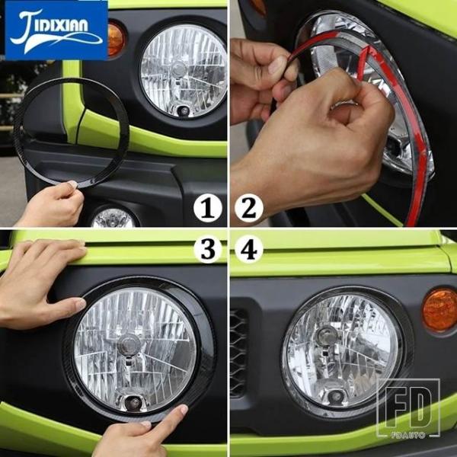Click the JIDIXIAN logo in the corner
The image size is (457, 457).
pos(56,30)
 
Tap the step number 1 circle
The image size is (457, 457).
pos(207,209)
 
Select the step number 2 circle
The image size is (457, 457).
pos(248,209)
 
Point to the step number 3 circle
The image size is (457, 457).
pos(207,250)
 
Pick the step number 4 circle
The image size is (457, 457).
pos(248,250)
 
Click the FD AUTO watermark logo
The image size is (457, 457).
pos(408,408)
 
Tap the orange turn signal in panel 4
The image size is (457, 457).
pos(440,310)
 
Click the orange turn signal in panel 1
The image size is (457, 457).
pos(116,39)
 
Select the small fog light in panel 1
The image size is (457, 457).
pos(113,218)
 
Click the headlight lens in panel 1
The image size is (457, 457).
pos(184,71)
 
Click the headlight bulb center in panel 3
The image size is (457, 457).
pos(129,345)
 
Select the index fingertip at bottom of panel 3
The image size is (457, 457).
pos(183,410)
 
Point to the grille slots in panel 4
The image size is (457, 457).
pos(238,352)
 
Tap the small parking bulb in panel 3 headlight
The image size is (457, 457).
pos(134,403)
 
